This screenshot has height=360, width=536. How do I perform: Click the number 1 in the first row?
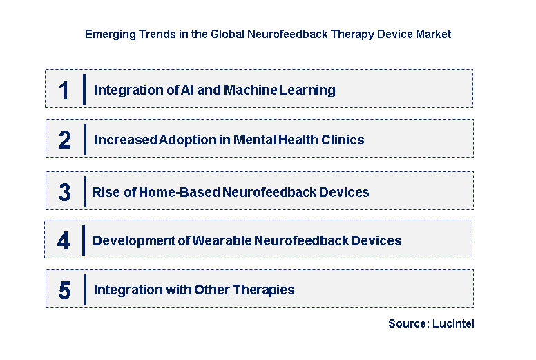pyautogui.click(x=64, y=90)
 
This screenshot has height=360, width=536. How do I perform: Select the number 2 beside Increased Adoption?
pyautogui.click(x=64, y=140)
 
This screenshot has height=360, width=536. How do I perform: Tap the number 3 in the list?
pyautogui.click(x=64, y=192)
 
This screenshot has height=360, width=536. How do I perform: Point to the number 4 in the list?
pyautogui.click(x=64, y=240)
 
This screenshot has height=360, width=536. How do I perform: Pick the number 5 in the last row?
pyautogui.click(x=64, y=290)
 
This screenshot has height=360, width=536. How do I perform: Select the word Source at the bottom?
pyautogui.click(x=407, y=323)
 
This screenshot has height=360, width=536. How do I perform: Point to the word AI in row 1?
pyautogui.click(x=168, y=90)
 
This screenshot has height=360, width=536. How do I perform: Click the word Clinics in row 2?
pyautogui.click(x=343, y=140)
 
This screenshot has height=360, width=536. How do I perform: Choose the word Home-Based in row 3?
pyautogui.click(x=179, y=192)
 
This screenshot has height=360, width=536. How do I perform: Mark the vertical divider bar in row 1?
pyautogui.click(x=84, y=89)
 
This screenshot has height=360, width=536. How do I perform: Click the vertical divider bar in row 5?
pyautogui.click(x=84, y=290)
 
